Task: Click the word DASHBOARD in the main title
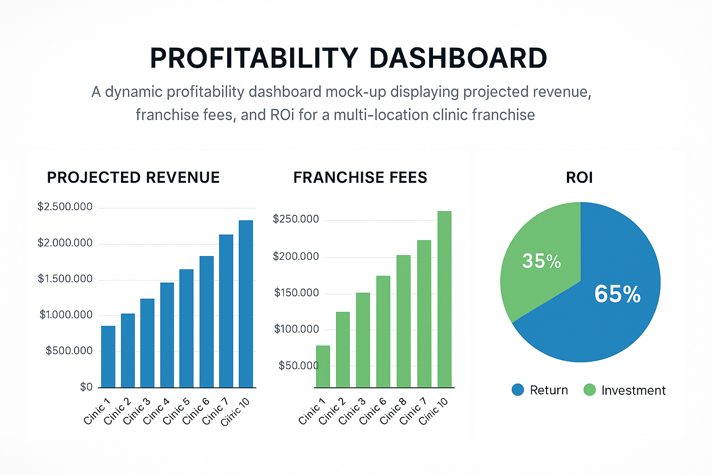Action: [458, 58]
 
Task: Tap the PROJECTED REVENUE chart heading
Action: [133, 178]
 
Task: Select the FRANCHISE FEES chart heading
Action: [360, 178]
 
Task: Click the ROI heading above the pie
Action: [579, 178]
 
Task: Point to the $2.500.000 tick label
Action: [65, 207]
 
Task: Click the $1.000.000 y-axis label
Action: [66, 315]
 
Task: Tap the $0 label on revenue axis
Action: [86, 387]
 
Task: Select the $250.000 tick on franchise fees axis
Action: [296, 219]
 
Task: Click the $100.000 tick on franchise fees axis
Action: [296, 329]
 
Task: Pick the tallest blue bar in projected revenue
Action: [246, 304]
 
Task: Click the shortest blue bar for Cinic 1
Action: [108, 357]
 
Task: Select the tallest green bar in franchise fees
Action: [444, 299]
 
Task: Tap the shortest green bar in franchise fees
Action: [323, 366]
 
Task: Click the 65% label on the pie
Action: [617, 294]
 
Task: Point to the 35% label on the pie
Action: [541, 261]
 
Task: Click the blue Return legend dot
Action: [518, 390]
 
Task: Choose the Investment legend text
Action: [633, 391]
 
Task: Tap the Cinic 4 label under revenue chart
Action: [157, 411]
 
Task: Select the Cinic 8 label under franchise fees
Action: [393, 411]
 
